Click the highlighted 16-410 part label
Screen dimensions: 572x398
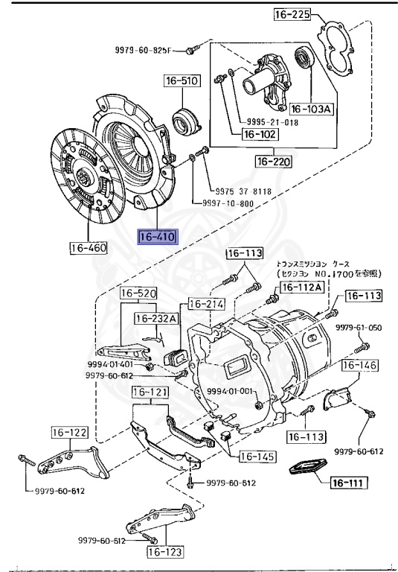[x=155, y=238]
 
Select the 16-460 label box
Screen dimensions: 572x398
[x=89, y=247]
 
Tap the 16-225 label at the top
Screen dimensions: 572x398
[x=289, y=15]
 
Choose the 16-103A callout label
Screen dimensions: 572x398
[x=310, y=108]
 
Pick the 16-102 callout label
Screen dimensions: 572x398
[x=258, y=135]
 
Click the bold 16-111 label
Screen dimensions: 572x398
[x=347, y=483]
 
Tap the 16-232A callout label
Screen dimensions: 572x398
[x=157, y=318]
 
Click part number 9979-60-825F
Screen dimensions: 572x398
[x=143, y=50]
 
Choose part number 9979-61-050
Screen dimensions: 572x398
[x=358, y=328]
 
